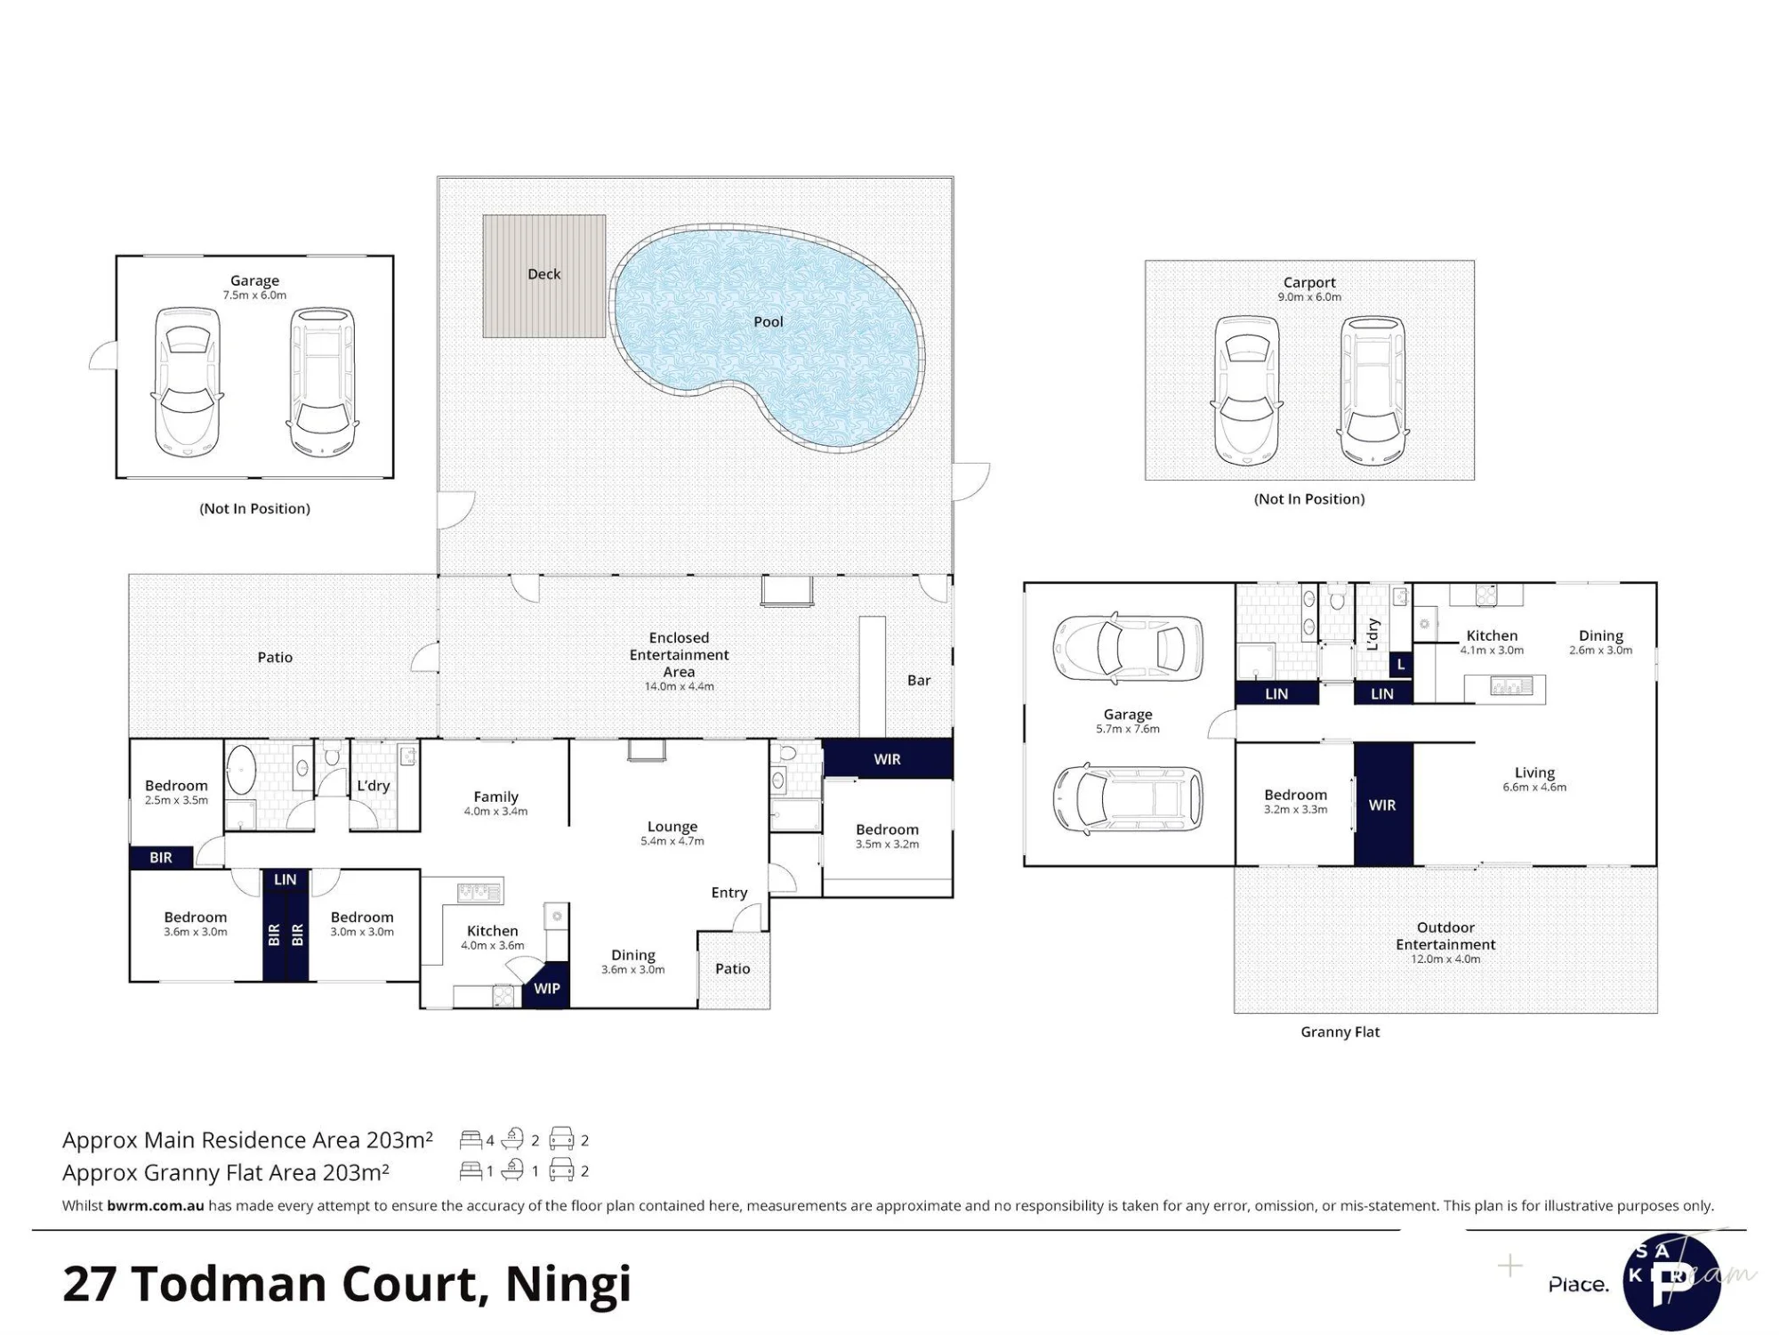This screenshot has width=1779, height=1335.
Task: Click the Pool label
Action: pos(769,321)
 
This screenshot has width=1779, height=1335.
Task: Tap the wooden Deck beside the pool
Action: pos(544,276)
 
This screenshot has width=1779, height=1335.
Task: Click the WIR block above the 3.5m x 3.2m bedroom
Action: pos(888,759)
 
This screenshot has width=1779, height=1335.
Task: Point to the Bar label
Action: pos(919,681)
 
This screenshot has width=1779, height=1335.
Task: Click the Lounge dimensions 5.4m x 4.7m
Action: pos(672,841)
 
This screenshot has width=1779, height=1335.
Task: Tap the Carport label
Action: pos(1309,282)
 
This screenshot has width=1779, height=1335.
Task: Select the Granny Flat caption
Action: pos(1340,1032)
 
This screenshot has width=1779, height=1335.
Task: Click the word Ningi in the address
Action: pos(568,1284)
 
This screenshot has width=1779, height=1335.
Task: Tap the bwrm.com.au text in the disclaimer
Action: pos(156,1206)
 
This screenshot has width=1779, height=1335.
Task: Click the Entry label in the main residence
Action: pos(729,893)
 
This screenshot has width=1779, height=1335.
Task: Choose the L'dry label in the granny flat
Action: pos(1372,634)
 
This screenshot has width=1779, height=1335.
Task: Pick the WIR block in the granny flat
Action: pos(1383,804)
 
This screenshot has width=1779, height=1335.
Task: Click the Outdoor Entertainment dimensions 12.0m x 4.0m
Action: pos(1445,959)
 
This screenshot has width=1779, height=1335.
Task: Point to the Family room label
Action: pos(495,797)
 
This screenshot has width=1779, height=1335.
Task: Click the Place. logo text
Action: pos(1579,1284)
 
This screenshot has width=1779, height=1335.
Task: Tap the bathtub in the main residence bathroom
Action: pos(241,770)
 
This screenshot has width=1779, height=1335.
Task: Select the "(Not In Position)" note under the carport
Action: pos(1309,499)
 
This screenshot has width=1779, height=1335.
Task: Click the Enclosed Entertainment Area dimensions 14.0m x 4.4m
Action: pos(679,686)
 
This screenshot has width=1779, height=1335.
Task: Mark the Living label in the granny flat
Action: pos(1534,773)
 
